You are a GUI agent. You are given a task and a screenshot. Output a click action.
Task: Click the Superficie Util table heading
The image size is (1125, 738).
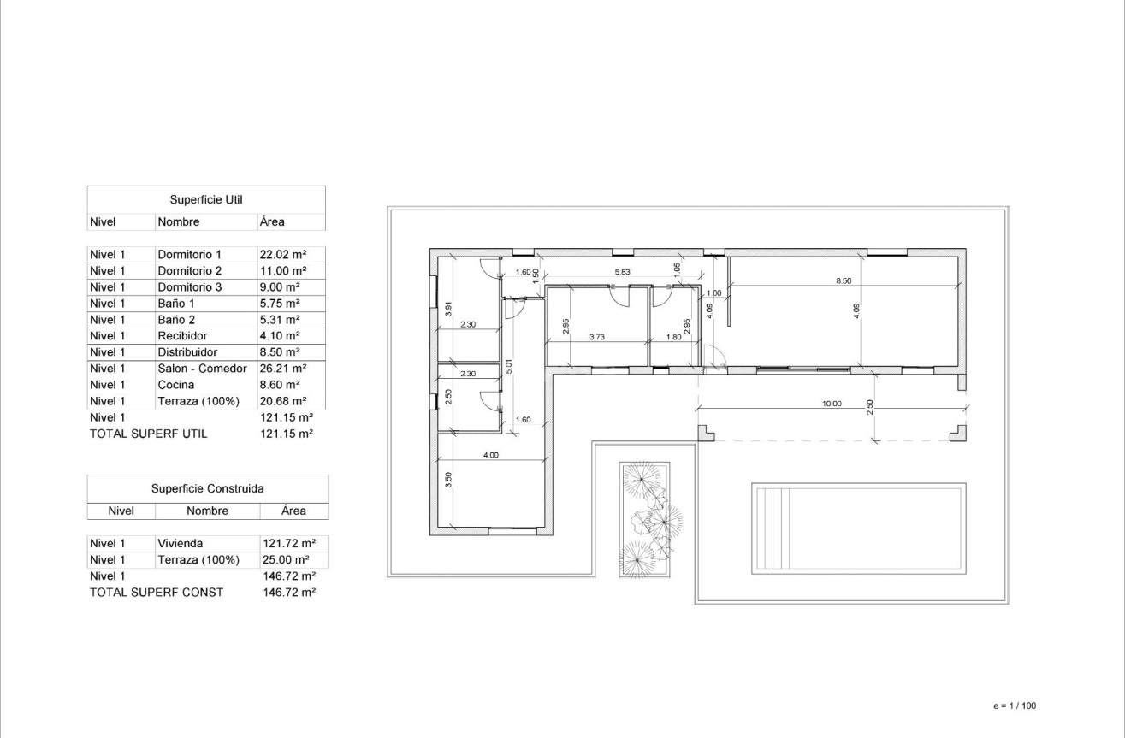(206, 200)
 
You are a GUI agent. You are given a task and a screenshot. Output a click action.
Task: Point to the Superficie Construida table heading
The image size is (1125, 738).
(207, 489)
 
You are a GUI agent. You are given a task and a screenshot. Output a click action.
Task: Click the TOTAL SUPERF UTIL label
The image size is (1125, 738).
(149, 434)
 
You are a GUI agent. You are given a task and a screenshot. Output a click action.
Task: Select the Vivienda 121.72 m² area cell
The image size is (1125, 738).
(288, 544)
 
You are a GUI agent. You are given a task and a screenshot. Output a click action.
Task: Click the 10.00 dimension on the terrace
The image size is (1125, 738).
(832, 404)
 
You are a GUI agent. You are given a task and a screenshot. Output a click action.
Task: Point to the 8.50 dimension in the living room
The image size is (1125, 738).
(844, 280)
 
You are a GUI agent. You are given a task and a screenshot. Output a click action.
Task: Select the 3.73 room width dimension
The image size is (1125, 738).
(597, 337)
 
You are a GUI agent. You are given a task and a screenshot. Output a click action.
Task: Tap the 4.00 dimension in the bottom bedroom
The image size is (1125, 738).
(491, 455)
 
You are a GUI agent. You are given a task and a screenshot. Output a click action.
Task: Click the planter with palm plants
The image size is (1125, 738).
(645, 518)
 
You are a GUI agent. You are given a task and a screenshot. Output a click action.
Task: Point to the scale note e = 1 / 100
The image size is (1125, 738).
(1014, 706)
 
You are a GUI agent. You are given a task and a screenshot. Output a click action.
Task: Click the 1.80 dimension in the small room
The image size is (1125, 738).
(674, 337)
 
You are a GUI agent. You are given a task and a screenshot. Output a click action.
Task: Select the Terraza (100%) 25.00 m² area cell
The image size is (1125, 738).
(286, 560)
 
